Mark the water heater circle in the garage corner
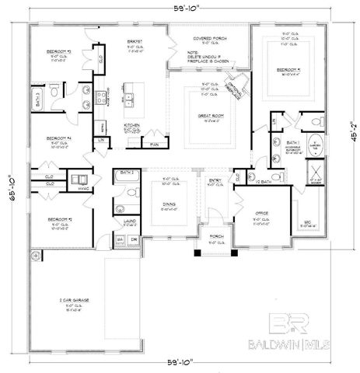tap(33, 255)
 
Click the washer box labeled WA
tap(120, 239)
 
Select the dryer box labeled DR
tap(134, 239)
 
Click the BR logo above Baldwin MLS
tap(287, 324)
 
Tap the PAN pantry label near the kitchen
tap(154, 144)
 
